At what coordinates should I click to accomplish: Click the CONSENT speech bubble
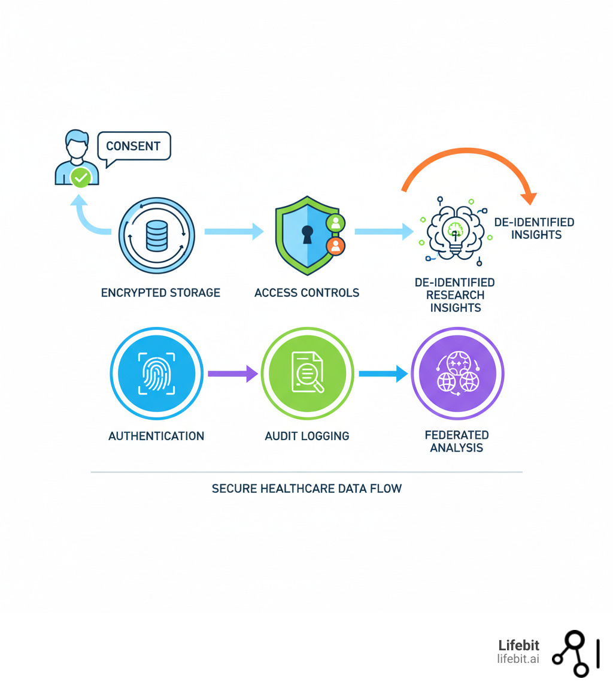tap(133, 146)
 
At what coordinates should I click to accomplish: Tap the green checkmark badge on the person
tap(80, 177)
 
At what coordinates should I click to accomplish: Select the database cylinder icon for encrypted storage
tap(156, 235)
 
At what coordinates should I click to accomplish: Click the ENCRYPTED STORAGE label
tap(160, 293)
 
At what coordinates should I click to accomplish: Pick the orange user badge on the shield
tap(335, 245)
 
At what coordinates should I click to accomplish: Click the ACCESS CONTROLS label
tap(306, 293)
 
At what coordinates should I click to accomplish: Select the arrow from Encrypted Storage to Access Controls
tap(233, 231)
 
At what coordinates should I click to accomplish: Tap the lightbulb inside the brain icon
tap(455, 234)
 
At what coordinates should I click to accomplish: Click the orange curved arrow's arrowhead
tap(529, 198)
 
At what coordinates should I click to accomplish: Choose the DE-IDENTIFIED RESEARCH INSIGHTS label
tap(455, 295)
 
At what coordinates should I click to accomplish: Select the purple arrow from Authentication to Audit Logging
tap(232, 374)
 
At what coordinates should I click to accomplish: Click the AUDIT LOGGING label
tap(307, 436)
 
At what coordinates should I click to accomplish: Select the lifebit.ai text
tap(518, 659)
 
